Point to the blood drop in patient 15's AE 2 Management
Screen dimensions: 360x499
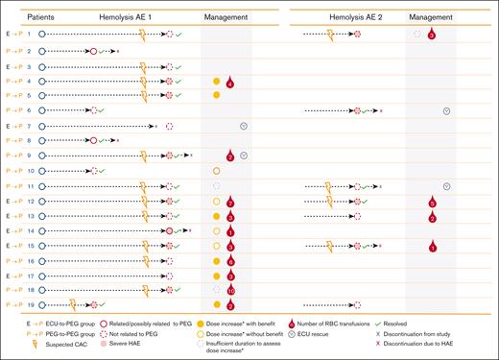(433, 247)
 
